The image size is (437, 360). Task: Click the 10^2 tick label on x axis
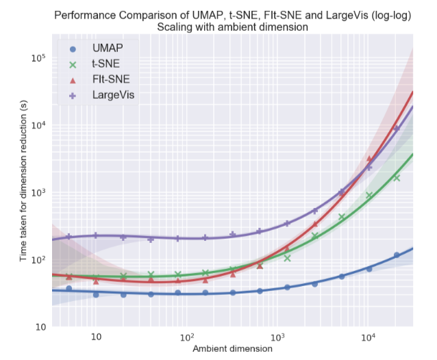point(186,337)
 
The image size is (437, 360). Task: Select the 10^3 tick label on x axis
point(277,337)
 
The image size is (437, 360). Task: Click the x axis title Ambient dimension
point(233,348)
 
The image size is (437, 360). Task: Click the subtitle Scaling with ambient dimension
point(233,27)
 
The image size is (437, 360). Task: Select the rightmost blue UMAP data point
point(397,255)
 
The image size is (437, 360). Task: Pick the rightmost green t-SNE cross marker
point(397,177)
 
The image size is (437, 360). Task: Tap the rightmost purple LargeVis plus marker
point(397,128)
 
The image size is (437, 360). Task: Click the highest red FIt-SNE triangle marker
point(369,159)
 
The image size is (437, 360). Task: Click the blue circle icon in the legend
point(72,49)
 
